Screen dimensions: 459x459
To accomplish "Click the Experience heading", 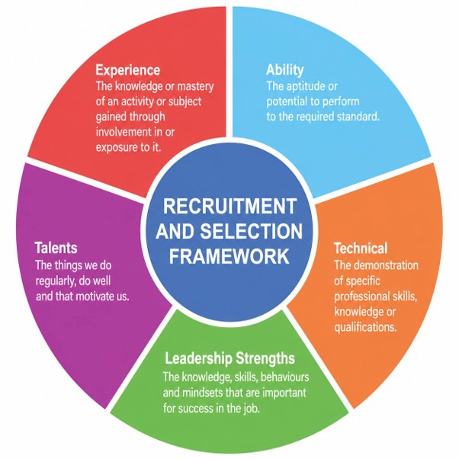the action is (x=128, y=70).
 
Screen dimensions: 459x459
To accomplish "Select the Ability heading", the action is (x=285, y=70).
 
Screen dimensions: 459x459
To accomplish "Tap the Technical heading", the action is (x=361, y=249).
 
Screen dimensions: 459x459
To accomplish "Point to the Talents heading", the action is (x=56, y=248).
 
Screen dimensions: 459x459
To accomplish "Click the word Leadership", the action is (x=199, y=358).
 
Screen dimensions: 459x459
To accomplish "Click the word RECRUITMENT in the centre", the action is (x=230, y=206).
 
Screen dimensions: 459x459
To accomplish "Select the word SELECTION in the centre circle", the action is (x=251, y=231).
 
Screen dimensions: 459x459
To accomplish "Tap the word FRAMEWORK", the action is (x=230, y=256).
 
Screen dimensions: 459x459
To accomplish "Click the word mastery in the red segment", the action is (x=195, y=87).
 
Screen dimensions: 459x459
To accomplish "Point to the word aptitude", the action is (x=301, y=87).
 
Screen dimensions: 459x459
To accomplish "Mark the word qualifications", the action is (x=365, y=327).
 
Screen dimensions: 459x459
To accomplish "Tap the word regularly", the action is (x=56, y=281).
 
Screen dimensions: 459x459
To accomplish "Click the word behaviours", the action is (x=284, y=377).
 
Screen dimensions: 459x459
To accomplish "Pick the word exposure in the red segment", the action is (x=117, y=147).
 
